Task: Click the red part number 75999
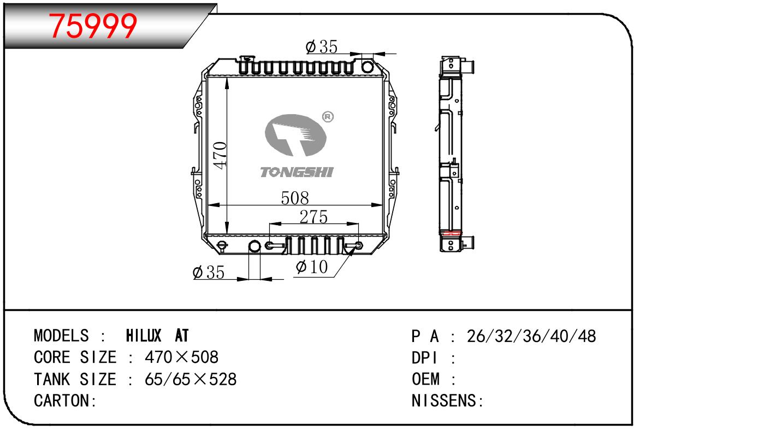pyautogui.click(x=93, y=26)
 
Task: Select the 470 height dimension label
pyautogui.click(x=220, y=155)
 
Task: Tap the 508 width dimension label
pyautogui.click(x=295, y=198)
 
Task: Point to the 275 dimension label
pyautogui.click(x=314, y=217)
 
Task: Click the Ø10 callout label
pyautogui.click(x=312, y=267)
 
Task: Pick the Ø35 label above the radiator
pyautogui.click(x=322, y=47)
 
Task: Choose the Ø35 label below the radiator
pyautogui.click(x=209, y=272)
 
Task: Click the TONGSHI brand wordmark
pyautogui.click(x=297, y=172)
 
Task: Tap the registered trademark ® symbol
pyautogui.click(x=328, y=117)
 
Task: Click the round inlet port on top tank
pyautogui.click(x=368, y=67)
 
